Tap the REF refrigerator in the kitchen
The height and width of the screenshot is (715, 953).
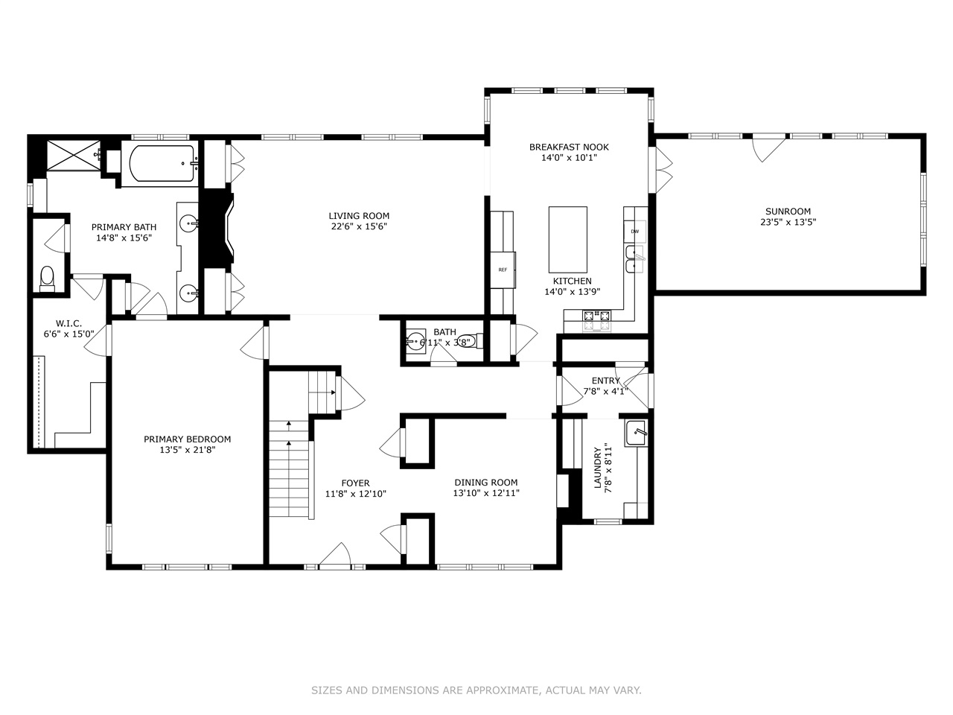pos(503,269)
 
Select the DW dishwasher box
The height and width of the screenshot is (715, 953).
pos(634,232)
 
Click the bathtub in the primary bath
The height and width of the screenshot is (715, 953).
pos(162,165)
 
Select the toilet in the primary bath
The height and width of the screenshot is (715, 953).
pos(47,277)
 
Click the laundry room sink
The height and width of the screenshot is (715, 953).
pos(636,433)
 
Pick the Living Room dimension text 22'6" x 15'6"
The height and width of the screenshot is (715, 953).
pos(360,226)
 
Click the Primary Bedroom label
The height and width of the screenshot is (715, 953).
pos(187,439)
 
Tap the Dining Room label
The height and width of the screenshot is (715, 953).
pos(485,483)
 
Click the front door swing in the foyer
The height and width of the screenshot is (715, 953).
pos(336,556)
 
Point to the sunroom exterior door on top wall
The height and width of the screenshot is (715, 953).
pos(768,147)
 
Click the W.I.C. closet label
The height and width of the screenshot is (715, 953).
pos(68,323)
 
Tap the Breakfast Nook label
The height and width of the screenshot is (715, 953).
pos(569,147)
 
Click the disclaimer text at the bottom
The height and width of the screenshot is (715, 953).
pos(476,690)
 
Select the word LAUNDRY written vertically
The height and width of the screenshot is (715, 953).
pos(597,468)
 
